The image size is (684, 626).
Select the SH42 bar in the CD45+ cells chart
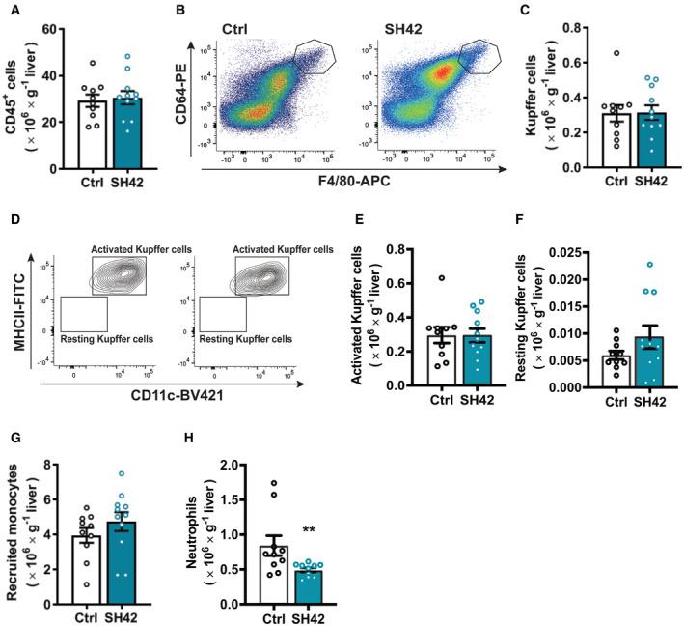(123, 133)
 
